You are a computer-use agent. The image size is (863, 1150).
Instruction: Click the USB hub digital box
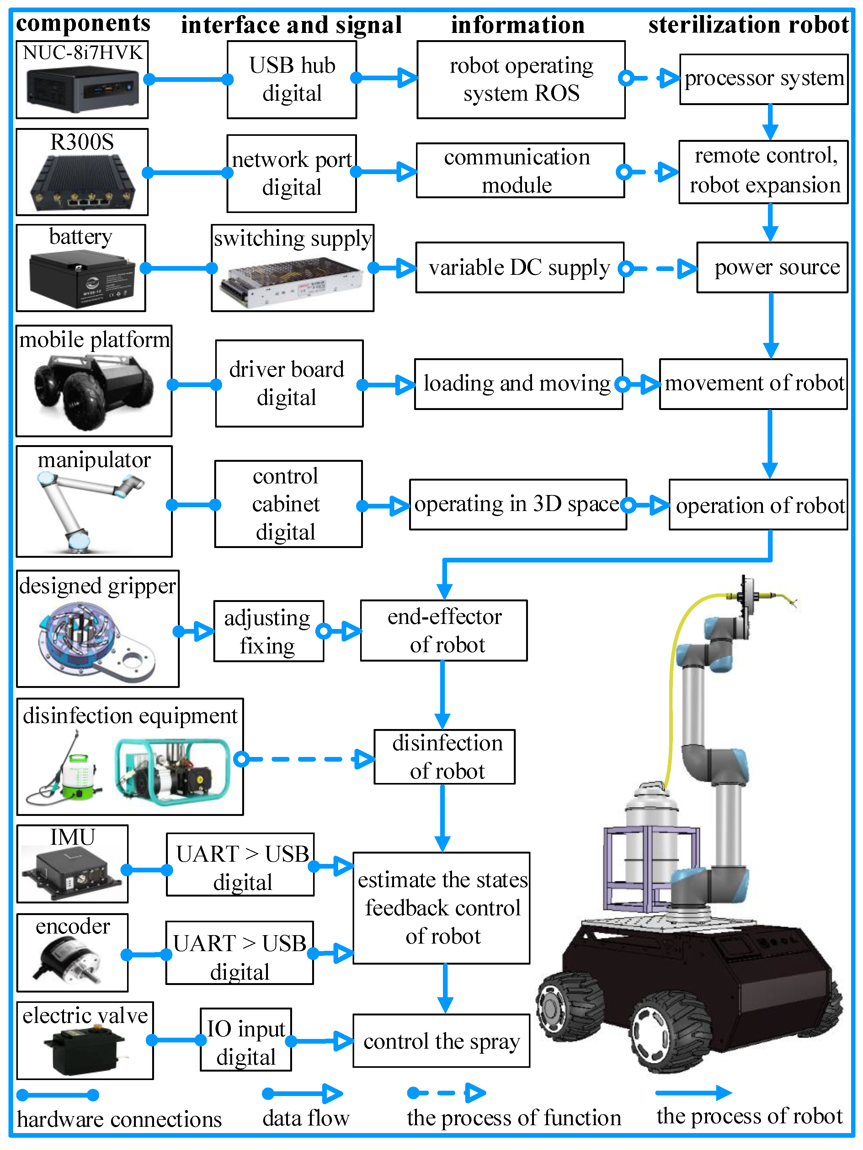point(292,80)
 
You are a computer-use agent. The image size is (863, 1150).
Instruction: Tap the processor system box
point(763,79)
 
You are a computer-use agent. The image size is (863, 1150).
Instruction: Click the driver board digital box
point(289,384)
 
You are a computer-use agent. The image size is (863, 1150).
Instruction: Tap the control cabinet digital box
point(288,504)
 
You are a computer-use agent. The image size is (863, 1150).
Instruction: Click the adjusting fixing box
point(268,631)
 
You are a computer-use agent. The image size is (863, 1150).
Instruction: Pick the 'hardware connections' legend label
point(119,1119)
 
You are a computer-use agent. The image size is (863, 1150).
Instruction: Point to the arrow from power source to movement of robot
point(770,325)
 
